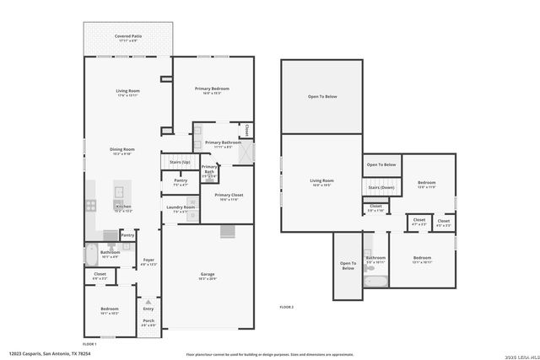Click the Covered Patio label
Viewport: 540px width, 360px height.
pos(128,36)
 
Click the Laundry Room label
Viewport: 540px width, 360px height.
pos(181,207)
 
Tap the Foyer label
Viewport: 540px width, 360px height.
pos(148,260)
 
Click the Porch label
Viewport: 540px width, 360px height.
pos(148,321)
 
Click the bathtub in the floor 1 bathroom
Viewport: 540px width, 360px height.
pos(91,254)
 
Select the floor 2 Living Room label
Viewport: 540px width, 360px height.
pos(321,180)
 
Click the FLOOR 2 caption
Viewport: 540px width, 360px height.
pos(287,307)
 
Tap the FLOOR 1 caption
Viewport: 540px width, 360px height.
pos(89,343)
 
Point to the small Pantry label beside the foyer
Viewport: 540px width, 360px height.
pos(127,236)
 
